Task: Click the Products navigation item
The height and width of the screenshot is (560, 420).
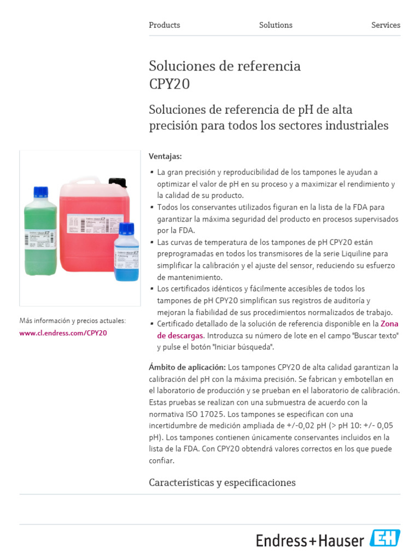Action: click(164, 25)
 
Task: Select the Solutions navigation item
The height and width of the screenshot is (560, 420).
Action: click(276, 25)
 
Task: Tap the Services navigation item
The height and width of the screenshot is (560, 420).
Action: click(386, 25)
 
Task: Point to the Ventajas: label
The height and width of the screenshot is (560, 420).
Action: click(165, 156)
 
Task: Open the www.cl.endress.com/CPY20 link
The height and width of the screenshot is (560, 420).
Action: click(63, 332)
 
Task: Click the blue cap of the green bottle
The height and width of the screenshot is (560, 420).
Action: click(40, 192)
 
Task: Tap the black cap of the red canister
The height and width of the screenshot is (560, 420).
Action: click(118, 182)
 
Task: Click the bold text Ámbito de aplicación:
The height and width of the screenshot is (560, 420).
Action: click(187, 366)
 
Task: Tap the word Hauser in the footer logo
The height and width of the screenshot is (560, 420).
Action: click(341, 541)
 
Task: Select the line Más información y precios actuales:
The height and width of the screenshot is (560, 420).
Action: click(72, 320)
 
